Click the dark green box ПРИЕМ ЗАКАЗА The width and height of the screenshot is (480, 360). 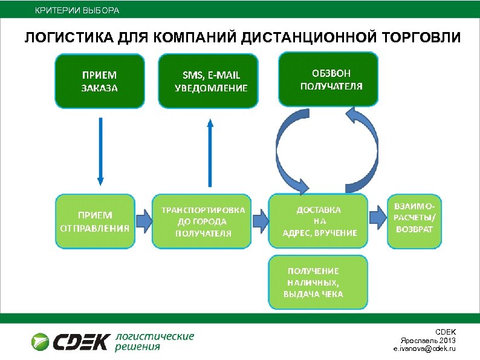click(x=100, y=82)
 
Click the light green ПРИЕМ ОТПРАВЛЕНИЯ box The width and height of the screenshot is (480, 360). click(x=95, y=221)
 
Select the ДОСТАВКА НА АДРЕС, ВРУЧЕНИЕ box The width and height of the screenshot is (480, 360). click(x=318, y=221)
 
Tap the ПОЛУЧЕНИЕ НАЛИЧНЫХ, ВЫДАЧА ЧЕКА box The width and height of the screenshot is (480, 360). click(x=318, y=282)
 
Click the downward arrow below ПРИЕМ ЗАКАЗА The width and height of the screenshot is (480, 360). click(x=100, y=151)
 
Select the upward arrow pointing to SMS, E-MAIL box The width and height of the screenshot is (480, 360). click(x=209, y=151)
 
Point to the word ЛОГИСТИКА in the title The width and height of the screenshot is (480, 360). click(x=67, y=38)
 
